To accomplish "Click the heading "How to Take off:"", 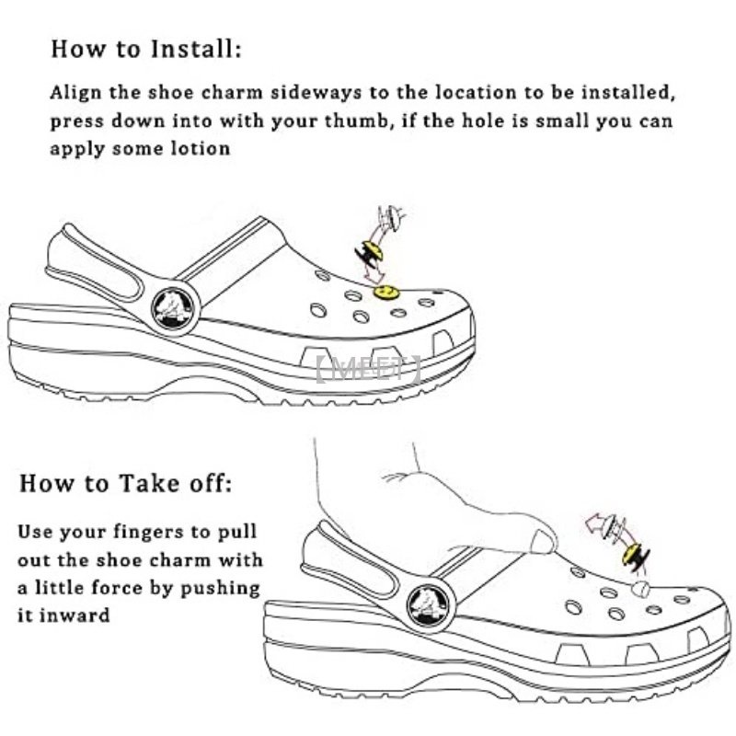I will point(126,482).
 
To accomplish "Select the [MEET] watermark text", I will point(367,370).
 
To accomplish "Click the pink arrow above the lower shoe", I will point(598,527).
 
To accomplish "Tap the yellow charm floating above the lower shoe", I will point(633,555).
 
